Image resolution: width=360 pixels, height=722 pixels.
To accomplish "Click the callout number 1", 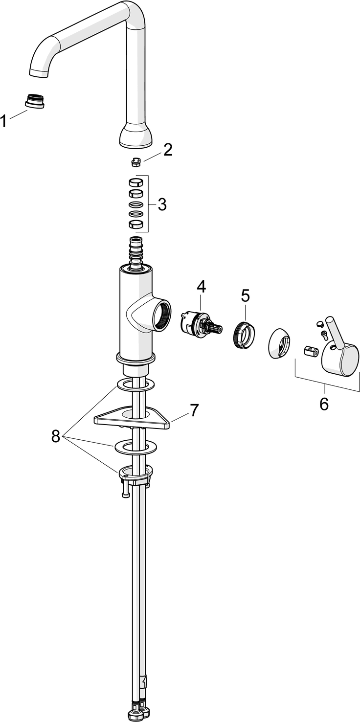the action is point(3,121).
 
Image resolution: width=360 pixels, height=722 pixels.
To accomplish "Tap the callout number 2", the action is point(167,150).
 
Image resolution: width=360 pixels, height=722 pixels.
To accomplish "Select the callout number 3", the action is point(162,204).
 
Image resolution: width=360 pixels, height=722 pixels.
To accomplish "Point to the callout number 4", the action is point(201,287).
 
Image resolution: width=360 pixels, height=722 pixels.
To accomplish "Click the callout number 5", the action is point(245,296).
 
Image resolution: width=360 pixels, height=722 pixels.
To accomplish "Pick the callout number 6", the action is point(324,404).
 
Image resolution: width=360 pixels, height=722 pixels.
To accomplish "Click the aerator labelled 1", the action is point(35,100).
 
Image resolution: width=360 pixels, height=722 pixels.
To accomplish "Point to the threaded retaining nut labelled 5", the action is point(244,334).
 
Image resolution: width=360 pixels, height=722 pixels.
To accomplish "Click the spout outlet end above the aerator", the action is point(39,72).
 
